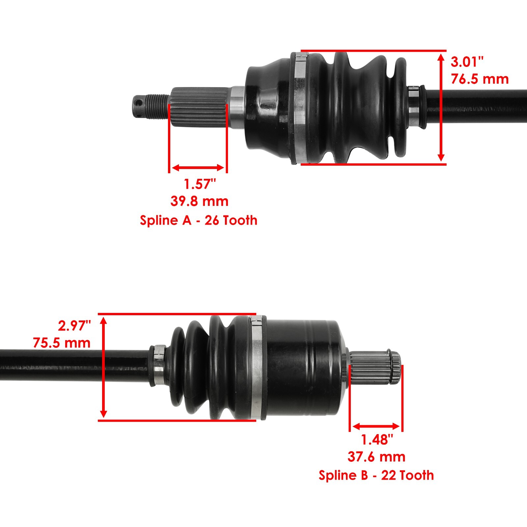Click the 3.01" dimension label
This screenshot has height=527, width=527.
[467, 62]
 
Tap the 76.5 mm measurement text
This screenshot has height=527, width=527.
[480, 79]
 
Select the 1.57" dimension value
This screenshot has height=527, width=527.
[200, 184]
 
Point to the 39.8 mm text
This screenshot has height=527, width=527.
[199, 201]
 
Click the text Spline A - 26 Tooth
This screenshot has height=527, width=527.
[199, 220]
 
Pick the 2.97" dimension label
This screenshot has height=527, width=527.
[74, 326]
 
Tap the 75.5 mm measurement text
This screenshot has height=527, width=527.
[62, 343]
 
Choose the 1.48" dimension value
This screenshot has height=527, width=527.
[377, 439]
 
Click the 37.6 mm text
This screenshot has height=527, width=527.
[376, 457]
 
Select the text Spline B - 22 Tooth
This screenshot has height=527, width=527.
[376, 475]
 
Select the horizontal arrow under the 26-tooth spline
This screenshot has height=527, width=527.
[198, 168]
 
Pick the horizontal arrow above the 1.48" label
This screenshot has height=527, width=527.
[376, 427]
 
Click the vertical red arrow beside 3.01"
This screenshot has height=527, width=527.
[441, 108]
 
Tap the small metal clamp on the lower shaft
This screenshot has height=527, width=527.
[159, 366]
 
